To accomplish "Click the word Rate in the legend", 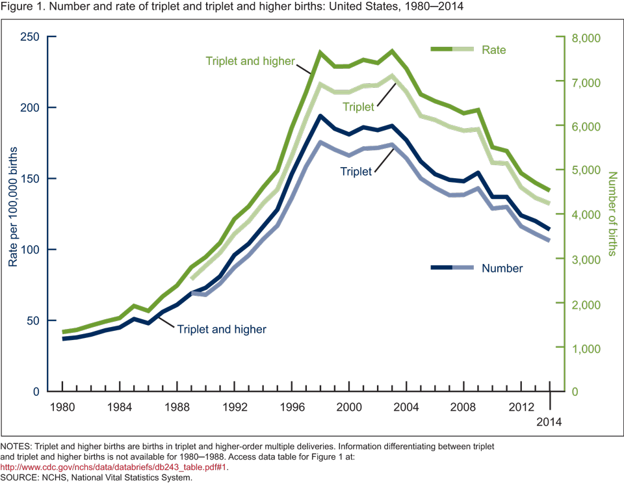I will coord(493,49).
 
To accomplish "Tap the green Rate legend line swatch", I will coord(453,49).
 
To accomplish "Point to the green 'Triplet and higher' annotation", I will coord(250,62).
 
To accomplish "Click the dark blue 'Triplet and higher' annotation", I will coord(222,329).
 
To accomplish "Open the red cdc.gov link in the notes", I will coord(114,467).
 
